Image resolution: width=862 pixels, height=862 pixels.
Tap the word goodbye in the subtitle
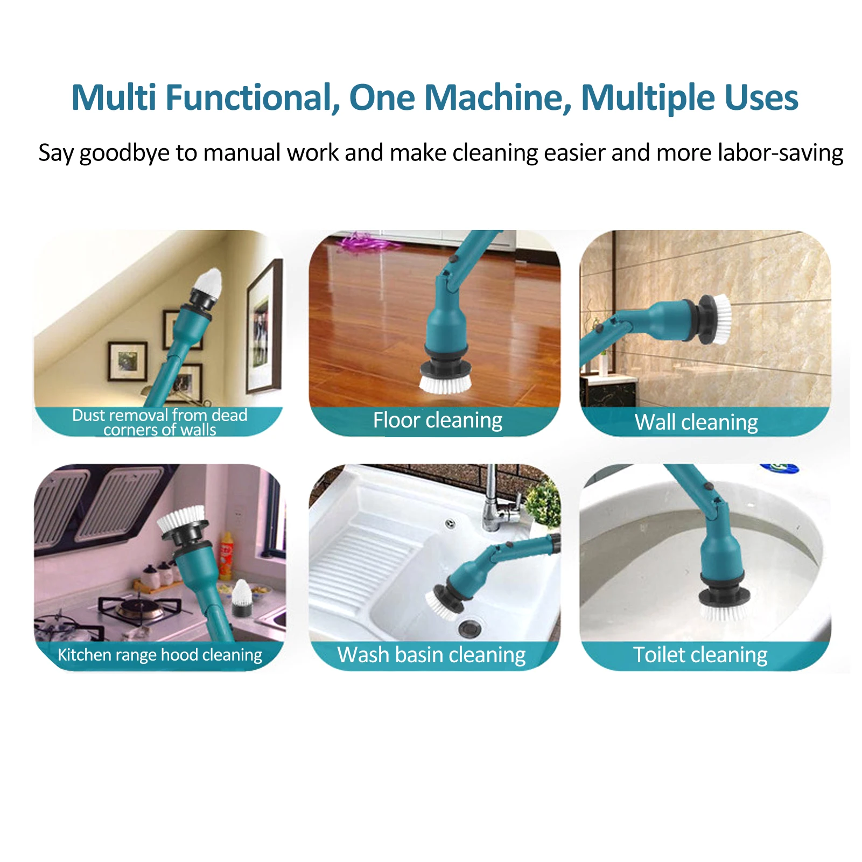124,153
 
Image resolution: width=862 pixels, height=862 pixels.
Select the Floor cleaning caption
437,421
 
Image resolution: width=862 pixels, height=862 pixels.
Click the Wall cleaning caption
696,423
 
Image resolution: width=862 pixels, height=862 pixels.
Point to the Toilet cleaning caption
700,655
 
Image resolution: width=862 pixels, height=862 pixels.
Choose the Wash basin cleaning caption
431,655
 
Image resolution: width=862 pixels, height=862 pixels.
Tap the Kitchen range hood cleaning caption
159,655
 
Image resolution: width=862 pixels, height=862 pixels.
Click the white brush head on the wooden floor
445,383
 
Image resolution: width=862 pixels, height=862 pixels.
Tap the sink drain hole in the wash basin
467,627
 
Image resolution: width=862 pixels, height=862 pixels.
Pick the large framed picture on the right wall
264,326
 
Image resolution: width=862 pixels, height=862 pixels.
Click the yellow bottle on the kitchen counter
226,555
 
